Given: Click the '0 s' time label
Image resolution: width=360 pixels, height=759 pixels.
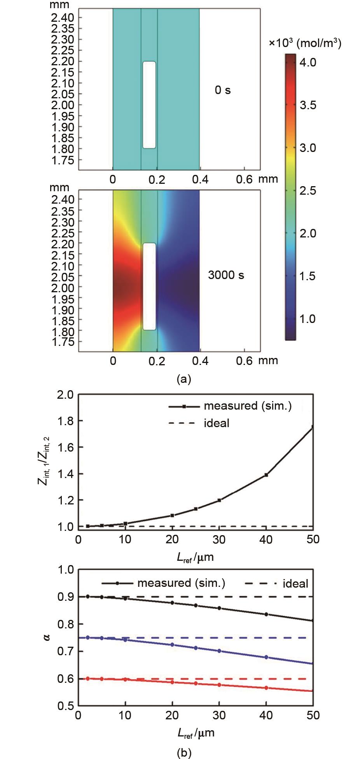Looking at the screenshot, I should pos(223,90).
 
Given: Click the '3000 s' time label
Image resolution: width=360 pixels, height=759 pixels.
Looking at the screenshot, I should pos(226,275).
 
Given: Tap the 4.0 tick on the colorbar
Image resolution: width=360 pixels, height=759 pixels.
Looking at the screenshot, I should pos(309,62).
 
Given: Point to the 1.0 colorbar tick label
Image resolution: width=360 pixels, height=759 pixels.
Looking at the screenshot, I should pos(309,319).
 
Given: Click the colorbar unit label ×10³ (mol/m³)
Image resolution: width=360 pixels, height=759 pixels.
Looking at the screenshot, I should pos(305,44).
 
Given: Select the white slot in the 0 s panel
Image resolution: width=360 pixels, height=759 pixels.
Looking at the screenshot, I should pos(149,105).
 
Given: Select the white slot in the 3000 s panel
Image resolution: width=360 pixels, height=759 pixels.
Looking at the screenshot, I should pos(149,286).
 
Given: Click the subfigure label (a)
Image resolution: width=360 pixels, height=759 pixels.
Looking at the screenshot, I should pos(183,379).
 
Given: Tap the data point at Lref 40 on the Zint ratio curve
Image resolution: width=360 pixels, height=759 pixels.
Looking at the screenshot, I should pos(266,475).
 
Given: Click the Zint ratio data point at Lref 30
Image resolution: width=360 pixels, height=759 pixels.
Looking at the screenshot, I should pos(219,500).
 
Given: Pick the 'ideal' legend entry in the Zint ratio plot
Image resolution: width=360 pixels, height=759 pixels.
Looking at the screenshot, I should pos(216,423).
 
